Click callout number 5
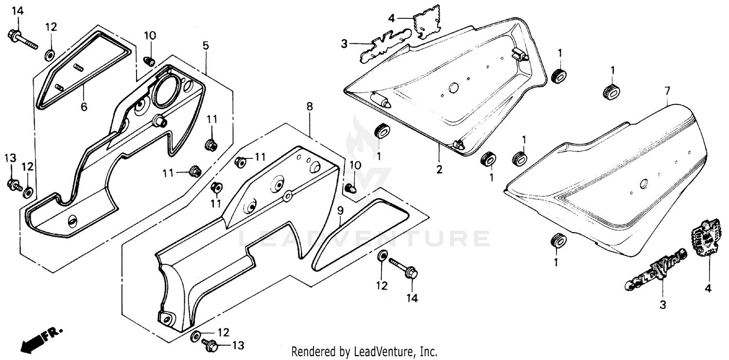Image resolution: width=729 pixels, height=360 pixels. (x=206, y=46)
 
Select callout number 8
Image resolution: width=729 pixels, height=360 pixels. (x=310, y=106)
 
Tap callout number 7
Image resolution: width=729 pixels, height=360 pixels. (x=667, y=90)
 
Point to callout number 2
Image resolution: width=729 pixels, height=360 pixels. (x=439, y=170)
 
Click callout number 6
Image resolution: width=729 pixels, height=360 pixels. (x=84, y=107)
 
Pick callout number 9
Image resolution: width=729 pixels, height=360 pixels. (x=340, y=211)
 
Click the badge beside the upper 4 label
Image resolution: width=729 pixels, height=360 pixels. (x=427, y=20)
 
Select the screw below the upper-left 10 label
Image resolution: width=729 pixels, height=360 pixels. (x=150, y=62)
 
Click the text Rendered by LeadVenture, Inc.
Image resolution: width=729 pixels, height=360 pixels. (x=364, y=351)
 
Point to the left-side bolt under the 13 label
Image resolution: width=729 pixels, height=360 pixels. (x=13, y=185)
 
